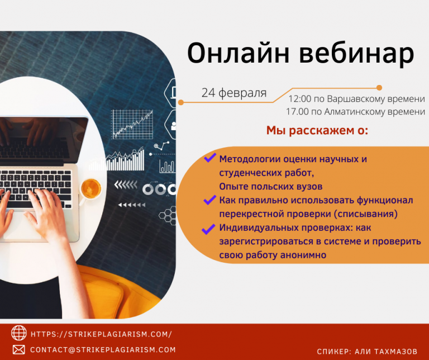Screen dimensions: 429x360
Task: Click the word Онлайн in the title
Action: [238, 53]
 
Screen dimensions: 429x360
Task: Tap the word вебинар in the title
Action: [357, 54]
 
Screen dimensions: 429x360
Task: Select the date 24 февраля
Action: [234, 93]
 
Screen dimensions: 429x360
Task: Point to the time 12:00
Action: [300, 98]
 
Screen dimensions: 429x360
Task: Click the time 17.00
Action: [297, 111]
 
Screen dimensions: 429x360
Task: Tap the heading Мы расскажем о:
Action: [317, 130]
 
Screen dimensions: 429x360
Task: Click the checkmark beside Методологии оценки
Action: [210, 158]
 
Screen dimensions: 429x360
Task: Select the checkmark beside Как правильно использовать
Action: [210, 200]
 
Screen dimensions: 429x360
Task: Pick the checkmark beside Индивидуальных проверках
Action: [208, 229]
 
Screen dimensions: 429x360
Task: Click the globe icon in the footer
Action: [19, 333]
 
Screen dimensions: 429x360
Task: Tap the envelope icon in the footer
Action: [19, 349]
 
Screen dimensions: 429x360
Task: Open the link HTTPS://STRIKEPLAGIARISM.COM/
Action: [101, 334]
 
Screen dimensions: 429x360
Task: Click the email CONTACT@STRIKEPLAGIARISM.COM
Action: [103, 349]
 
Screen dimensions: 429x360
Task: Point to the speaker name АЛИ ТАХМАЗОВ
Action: [386, 352]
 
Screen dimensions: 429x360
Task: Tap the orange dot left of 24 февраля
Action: [180, 102]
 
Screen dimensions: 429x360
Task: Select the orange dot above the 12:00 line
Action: [379, 88]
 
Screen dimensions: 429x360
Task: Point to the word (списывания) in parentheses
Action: [366, 214]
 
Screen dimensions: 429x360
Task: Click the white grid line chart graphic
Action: [132, 125]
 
